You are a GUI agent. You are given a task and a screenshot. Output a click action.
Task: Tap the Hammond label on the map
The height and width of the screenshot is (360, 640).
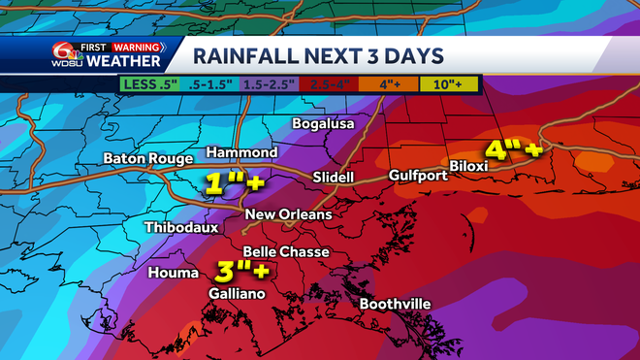pyautogui.click(x=242, y=153)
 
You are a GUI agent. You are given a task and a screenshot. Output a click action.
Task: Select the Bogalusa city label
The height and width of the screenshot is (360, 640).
pyautogui.click(x=325, y=124)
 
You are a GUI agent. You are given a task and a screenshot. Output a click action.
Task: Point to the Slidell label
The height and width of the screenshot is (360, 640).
pyautogui.click(x=334, y=178)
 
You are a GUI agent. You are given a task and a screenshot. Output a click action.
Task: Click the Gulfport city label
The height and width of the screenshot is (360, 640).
pyautogui.click(x=418, y=176)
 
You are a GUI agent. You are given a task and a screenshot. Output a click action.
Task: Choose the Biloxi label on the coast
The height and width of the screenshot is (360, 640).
pyautogui.click(x=495, y=166)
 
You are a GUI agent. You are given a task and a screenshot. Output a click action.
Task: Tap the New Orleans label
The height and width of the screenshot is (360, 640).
pyautogui.click(x=289, y=214)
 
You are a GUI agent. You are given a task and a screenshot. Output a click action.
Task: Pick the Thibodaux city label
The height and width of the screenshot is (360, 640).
pyautogui.click(x=179, y=228)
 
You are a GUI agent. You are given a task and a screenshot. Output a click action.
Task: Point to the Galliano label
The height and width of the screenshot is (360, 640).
pyautogui.click(x=234, y=292)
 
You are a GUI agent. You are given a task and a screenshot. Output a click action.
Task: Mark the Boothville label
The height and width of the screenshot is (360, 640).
pyautogui.click(x=396, y=304)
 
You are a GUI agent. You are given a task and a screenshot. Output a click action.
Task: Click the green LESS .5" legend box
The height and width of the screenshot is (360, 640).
pyautogui.click(x=151, y=85)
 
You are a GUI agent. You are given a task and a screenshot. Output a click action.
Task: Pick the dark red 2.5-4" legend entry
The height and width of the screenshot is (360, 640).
pyautogui.click(x=330, y=85)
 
